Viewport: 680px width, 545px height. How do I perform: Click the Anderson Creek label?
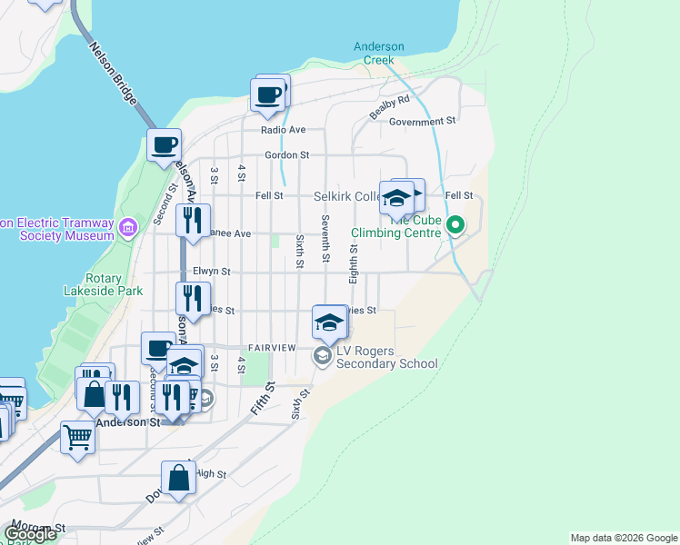click(378, 53)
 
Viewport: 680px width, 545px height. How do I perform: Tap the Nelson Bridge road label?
click(113, 74)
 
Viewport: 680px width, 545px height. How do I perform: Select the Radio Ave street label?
click(283, 130)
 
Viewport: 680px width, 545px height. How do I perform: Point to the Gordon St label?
click(287, 155)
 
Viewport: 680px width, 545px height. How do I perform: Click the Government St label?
click(422, 121)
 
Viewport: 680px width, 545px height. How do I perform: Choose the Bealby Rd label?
click(390, 107)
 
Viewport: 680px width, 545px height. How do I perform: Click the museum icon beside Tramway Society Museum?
click(128, 225)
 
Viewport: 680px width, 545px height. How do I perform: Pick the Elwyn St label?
click(211, 271)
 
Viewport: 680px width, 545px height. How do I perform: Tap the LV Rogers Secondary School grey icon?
click(322, 356)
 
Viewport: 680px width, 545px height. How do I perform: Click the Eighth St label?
click(354, 263)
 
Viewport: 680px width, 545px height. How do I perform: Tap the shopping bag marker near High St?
click(179, 477)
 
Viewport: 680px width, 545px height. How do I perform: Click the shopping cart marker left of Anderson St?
click(77, 437)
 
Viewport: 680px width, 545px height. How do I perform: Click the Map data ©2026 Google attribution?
click(624, 538)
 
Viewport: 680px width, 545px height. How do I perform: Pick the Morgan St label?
click(36, 528)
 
